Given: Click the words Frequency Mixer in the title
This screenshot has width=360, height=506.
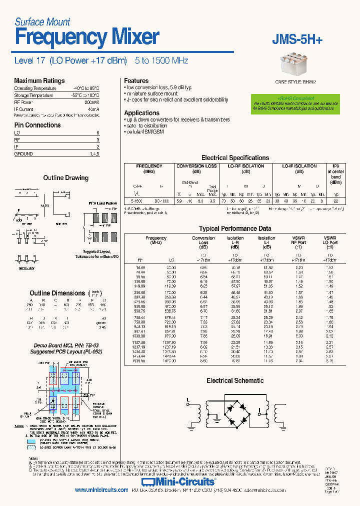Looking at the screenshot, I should click(87, 37).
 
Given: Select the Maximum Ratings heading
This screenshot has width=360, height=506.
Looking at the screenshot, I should click(39, 80).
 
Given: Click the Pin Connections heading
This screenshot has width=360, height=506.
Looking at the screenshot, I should click(37, 125).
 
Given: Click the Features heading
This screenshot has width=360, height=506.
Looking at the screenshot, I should click(136, 80).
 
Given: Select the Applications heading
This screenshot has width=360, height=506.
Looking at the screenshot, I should click(141, 113).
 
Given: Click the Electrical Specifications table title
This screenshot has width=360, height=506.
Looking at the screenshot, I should click(234, 157).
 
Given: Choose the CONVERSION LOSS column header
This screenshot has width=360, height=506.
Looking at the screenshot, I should click(197, 166).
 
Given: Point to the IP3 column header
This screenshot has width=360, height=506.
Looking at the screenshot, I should click(335, 165).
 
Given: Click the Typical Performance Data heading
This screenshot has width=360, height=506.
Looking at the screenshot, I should click(234, 228).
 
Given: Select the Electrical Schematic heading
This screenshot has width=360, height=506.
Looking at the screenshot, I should click(234, 381).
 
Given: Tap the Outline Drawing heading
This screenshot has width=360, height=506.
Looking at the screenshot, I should click(65, 178).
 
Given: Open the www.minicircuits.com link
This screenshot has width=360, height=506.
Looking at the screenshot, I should click(101, 490).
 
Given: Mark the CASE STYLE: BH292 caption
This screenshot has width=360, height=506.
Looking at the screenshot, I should click(295, 81).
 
